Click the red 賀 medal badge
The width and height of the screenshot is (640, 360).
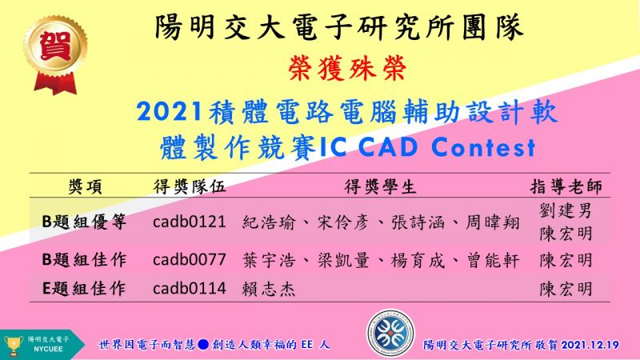point(55,54)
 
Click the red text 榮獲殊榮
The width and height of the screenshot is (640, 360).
point(347,68)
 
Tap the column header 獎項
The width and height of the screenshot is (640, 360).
point(86,187)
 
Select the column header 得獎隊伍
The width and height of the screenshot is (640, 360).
point(190,186)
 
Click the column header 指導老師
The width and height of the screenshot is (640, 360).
point(566,186)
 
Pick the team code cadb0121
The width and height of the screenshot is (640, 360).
point(190,222)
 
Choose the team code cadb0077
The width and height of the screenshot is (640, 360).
point(190,259)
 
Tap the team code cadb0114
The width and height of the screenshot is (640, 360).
point(190,288)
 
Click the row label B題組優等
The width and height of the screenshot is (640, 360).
point(85,222)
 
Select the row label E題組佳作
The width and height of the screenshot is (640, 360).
point(84,289)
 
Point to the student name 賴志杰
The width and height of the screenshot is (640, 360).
point(269,289)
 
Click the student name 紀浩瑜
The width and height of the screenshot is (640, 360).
point(269,223)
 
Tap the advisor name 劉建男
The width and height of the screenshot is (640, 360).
point(566,211)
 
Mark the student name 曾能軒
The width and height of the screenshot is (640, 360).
point(493,261)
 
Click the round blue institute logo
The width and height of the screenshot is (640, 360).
point(390,333)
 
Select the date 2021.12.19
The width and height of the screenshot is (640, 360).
point(590,345)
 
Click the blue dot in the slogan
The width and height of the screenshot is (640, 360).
point(203,345)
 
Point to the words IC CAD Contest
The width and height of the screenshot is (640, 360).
point(427,147)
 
